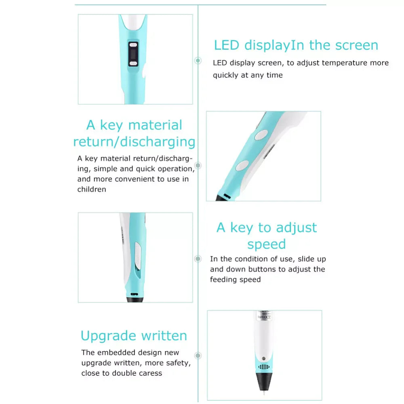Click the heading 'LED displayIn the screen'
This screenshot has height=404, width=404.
point(296,45)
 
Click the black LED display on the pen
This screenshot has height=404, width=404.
point(133,54)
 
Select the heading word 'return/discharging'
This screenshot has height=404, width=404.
point(134,142)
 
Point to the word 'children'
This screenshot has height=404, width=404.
point(92,189)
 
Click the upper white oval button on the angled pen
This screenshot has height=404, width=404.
point(261,135)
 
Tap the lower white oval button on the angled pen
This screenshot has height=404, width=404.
point(242,165)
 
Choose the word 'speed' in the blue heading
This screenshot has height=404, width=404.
point(267,244)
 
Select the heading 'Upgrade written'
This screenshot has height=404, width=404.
point(134,336)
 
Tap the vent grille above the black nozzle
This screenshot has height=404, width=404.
point(263,367)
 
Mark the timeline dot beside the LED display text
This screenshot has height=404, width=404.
point(198,61)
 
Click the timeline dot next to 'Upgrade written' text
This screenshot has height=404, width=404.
point(198,356)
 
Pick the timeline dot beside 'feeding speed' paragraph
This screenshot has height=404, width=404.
point(198,259)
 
